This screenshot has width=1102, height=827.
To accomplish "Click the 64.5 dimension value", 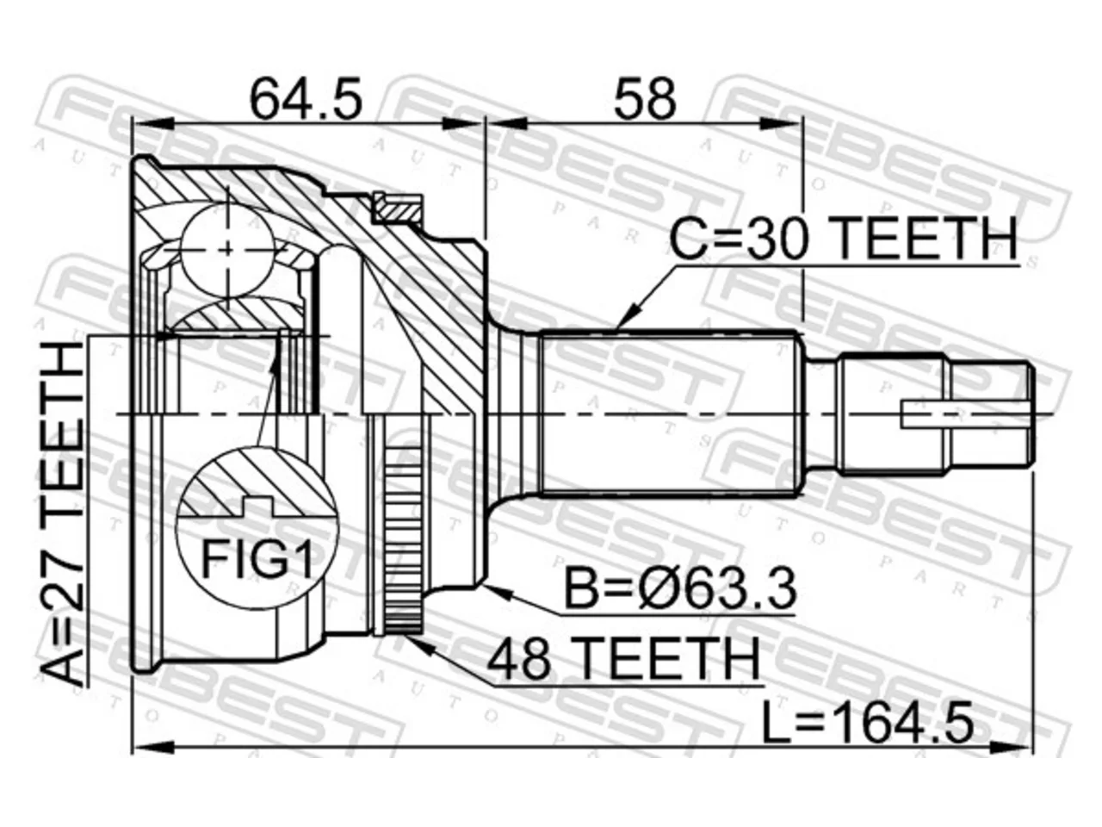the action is tap(306, 98).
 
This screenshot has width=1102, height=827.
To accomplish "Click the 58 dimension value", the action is tap(645, 98).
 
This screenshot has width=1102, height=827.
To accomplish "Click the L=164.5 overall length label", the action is tap(868, 725).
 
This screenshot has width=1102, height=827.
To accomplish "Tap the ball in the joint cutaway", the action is tap(228, 249).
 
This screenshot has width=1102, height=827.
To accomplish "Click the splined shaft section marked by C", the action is tap(668, 414).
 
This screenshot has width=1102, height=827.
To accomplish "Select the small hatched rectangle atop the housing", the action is tap(397, 208).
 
